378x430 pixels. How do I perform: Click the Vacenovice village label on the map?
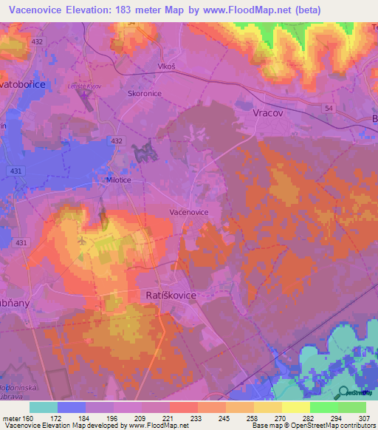pyautogui.click(x=189, y=211)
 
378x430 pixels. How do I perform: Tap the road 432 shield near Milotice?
pyautogui.click(x=116, y=140)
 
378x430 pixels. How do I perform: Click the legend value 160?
pyautogui.click(x=30, y=418)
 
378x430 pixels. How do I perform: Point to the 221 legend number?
pyautogui.click(x=169, y=418)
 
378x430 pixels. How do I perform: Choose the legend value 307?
pyautogui.click(x=365, y=418)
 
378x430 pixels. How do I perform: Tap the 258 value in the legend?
pyautogui.click(x=252, y=418)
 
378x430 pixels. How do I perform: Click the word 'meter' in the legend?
pyautogui.click(x=10, y=418)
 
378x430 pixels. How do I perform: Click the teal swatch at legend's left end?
pyautogui.click(x=44, y=407)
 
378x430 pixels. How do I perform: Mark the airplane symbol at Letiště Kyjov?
pyautogui.click(x=81, y=240)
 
